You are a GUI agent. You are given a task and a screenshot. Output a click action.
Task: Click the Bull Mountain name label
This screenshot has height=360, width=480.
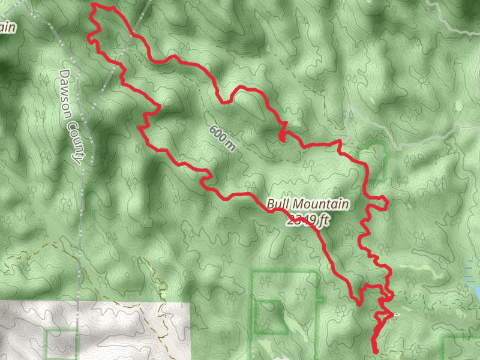(308, 205)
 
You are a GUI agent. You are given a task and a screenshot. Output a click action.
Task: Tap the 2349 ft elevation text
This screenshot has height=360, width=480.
(308, 221)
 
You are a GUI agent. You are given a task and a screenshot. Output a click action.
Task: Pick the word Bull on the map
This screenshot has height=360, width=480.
(277, 204)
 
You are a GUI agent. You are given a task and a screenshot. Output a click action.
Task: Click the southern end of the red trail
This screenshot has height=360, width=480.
(375, 350)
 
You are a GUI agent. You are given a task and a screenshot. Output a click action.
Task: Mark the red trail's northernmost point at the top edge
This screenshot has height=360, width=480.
(95, 4)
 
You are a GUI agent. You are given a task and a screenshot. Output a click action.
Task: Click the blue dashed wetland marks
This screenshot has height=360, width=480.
(471, 267)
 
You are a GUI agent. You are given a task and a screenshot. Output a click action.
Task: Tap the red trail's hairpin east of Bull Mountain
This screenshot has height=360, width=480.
(384, 203)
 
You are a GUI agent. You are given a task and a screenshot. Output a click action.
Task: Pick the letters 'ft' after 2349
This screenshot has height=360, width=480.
(324, 221)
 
